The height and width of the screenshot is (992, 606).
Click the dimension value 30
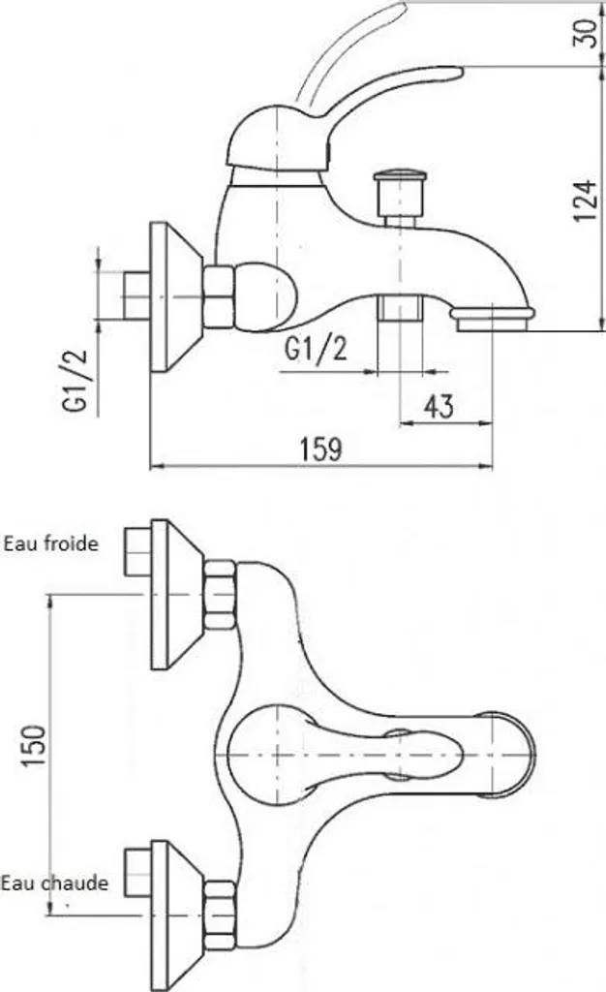[584, 35]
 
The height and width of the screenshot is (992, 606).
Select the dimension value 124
[584, 200]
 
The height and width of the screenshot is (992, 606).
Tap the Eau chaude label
[54, 883]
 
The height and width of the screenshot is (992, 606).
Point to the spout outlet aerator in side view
[494, 317]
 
